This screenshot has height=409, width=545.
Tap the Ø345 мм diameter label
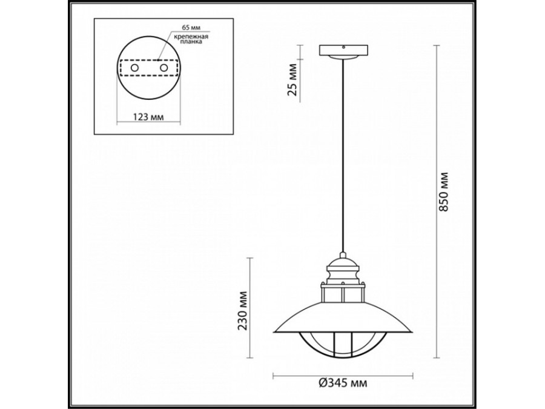pos(343,383)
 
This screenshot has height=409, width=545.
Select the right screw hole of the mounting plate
pos(163,70)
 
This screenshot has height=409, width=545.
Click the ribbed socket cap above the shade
pos(343,266)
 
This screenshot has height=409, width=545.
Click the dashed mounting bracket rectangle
pos(148,70)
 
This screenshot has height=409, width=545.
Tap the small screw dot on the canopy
pos(343,46)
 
